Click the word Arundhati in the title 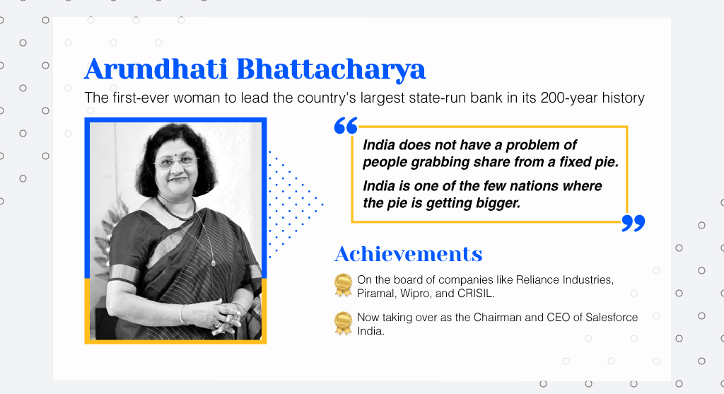tap(156, 69)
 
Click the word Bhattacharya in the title tap(331, 70)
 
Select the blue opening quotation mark tap(346, 126)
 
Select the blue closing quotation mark tap(633, 223)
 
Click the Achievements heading tap(409, 253)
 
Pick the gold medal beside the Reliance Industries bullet tap(343, 285)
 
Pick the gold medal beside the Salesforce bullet tap(343, 323)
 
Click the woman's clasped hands tap(221, 316)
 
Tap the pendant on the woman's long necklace tap(213, 263)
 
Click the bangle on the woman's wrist tap(182, 314)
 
